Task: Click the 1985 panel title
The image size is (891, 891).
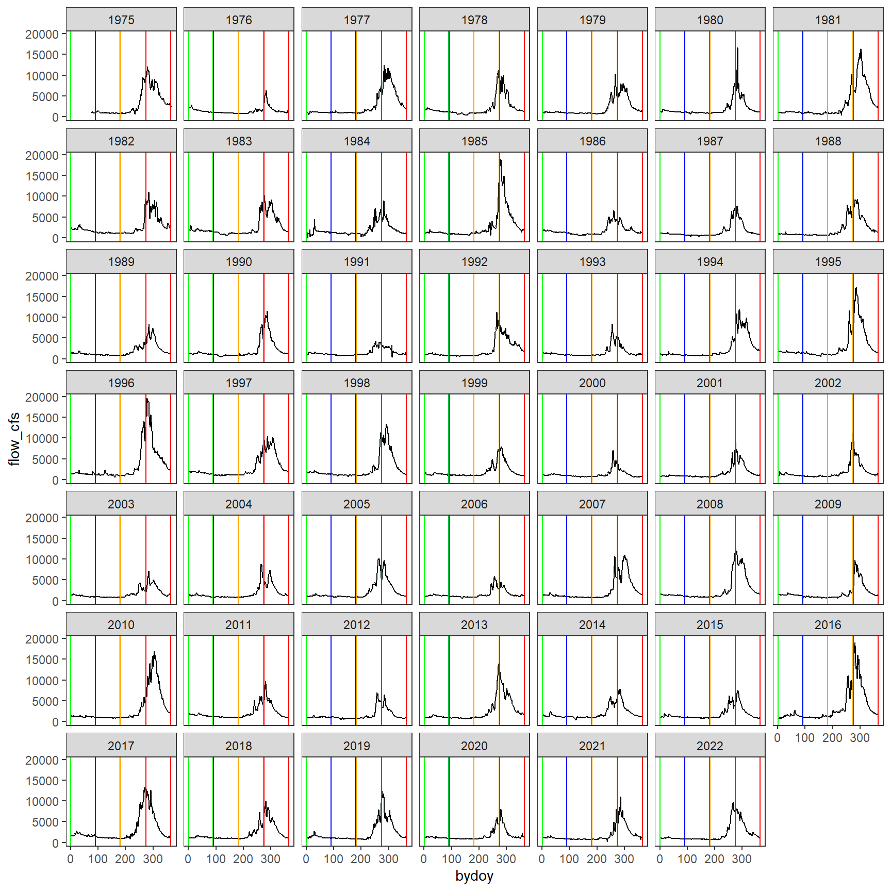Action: (x=474, y=141)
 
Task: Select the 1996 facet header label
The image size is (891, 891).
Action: (x=121, y=383)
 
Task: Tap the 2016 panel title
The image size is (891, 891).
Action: (x=827, y=624)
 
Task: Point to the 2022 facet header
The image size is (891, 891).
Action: (x=709, y=746)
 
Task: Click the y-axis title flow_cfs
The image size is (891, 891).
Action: (x=14, y=438)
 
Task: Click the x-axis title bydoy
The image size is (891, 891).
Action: (x=474, y=876)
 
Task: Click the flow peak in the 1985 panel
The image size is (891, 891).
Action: (x=500, y=160)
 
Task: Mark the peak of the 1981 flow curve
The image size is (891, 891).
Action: (x=861, y=50)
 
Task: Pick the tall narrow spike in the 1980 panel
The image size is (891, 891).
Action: (x=737, y=48)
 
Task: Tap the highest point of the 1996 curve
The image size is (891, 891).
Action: (x=147, y=399)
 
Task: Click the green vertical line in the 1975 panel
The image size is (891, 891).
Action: (x=71, y=75)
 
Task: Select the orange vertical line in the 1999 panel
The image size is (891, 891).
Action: (x=474, y=438)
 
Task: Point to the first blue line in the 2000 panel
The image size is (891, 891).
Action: (x=567, y=438)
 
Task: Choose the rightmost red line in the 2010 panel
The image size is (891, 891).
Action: (x=171, y=680)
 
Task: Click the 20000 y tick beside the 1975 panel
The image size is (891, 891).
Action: (x=42, y=34)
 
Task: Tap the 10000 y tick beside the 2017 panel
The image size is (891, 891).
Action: (x=42, y=801)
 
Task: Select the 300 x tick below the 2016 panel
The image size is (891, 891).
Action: (x=860, y=738)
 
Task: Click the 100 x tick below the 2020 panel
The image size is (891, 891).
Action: (x=451, y=859)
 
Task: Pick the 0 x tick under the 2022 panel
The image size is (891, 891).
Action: (x=659, y=859)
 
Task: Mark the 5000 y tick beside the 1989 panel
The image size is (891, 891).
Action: (x=45, y=338)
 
